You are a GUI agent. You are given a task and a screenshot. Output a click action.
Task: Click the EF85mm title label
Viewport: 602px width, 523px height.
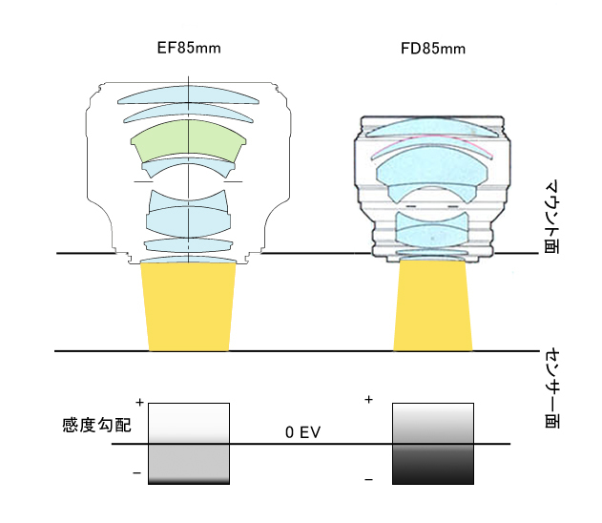189,48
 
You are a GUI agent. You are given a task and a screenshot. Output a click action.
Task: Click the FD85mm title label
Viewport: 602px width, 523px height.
433,49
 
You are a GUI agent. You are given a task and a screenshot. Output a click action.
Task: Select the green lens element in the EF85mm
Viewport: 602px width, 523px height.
189,141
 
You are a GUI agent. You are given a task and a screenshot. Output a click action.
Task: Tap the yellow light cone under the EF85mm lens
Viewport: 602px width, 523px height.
189,306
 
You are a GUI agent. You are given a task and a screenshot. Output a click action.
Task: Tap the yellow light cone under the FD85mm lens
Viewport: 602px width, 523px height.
433,305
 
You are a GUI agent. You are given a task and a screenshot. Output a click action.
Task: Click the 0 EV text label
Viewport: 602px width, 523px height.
303,432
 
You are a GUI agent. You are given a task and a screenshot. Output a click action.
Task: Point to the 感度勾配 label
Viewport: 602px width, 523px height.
96,425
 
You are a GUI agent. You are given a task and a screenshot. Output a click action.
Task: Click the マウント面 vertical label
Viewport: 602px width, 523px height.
551,217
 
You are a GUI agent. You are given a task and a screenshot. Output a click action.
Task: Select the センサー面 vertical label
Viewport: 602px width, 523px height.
552,388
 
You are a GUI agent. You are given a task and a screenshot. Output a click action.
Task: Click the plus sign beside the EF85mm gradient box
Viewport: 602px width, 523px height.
139,403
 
